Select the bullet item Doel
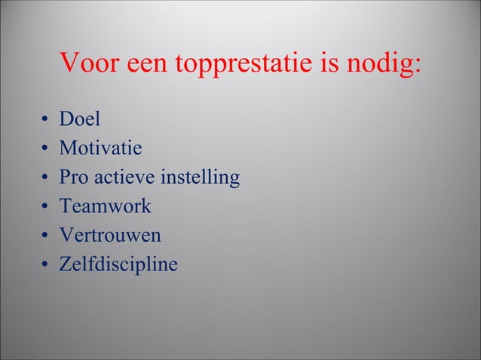(x=80, y=120)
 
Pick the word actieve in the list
(x=124, y=178)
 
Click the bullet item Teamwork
(x=106, y=206)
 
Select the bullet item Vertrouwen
(x=110, y=235)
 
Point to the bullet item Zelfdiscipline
(x=119, y=264)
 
